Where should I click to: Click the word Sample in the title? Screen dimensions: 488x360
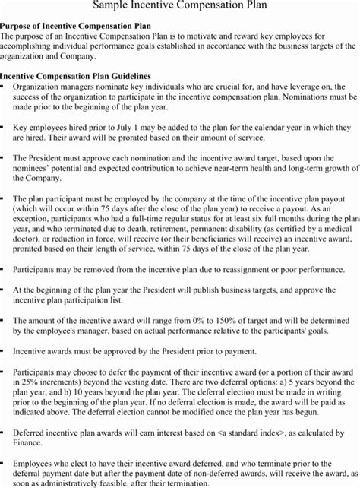(113, 6)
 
